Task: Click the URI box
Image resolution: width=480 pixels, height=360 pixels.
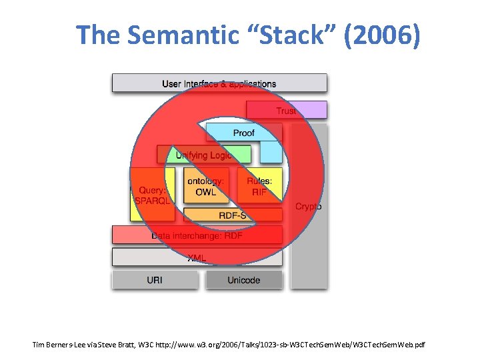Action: [x=154, y=280]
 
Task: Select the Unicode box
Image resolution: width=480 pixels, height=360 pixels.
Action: [x=243, y=280]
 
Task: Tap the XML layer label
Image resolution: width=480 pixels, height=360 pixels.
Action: [x=197, y=257]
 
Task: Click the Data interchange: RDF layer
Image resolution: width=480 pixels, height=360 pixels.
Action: [x=197, y=235]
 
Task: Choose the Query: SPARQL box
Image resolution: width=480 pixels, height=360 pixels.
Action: [x=152, y=194]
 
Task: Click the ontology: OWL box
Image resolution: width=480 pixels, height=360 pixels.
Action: [x=205, y=186]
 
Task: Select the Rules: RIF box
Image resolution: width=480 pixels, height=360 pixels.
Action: [x=259, y=186]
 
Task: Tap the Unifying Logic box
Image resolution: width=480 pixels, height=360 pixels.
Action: [x=203, y=155]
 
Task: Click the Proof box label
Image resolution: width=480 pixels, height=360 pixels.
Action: [x=243, y=133]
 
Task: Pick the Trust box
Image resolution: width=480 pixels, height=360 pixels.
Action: [x=287, y=111]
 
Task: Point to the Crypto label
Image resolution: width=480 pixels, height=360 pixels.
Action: [x=308, y=207]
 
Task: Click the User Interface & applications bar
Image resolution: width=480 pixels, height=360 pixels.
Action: [x=219, y=83]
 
